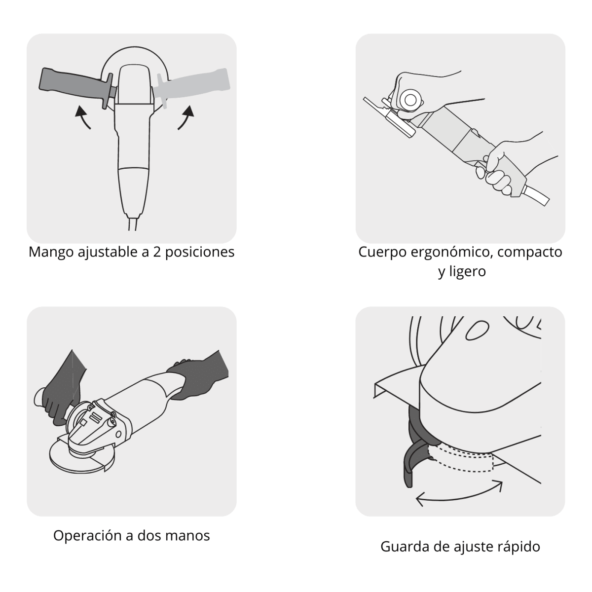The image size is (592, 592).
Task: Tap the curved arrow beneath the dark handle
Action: [82, 117]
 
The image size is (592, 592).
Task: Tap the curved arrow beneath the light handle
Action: [186, 117]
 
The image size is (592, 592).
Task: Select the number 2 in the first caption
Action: [157, 252]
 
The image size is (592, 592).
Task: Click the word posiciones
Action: [200, 253]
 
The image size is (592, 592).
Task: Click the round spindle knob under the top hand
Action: [410, 100]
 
